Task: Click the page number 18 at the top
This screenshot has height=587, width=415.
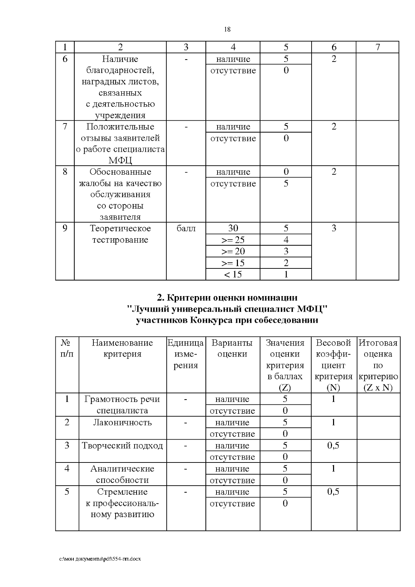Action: coord(227,29)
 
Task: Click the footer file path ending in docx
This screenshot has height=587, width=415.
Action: coord(100,559)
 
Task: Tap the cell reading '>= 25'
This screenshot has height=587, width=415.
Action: coord(233,240)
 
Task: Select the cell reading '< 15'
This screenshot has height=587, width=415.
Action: coord(233,274)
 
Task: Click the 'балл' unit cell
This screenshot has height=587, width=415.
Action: coord(186,228)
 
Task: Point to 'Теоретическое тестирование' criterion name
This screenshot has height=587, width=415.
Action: coord(120,234)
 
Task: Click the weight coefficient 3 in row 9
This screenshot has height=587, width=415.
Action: coord(333,228)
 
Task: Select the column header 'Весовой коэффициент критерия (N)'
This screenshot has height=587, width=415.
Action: coord(333,365)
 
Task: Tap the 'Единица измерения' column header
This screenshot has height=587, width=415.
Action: coord(186,354)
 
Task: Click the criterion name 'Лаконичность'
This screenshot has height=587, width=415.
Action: coord(122,422)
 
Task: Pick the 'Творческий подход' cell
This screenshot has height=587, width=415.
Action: coord(122,446)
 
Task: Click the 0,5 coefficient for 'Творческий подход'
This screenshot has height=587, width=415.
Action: coord(333,446)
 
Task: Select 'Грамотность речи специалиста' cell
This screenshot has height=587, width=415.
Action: coord(122,405)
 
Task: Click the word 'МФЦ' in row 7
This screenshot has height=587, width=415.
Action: coord(120,160)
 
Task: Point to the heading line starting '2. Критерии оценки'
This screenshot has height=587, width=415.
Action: coord(227,297)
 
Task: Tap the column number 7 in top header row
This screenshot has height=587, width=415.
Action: coord(378,47)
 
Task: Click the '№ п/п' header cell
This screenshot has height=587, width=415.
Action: coord(67,348)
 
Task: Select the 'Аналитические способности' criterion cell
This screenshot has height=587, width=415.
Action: coord(122,474)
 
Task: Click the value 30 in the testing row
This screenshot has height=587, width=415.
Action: coord(233,228)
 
